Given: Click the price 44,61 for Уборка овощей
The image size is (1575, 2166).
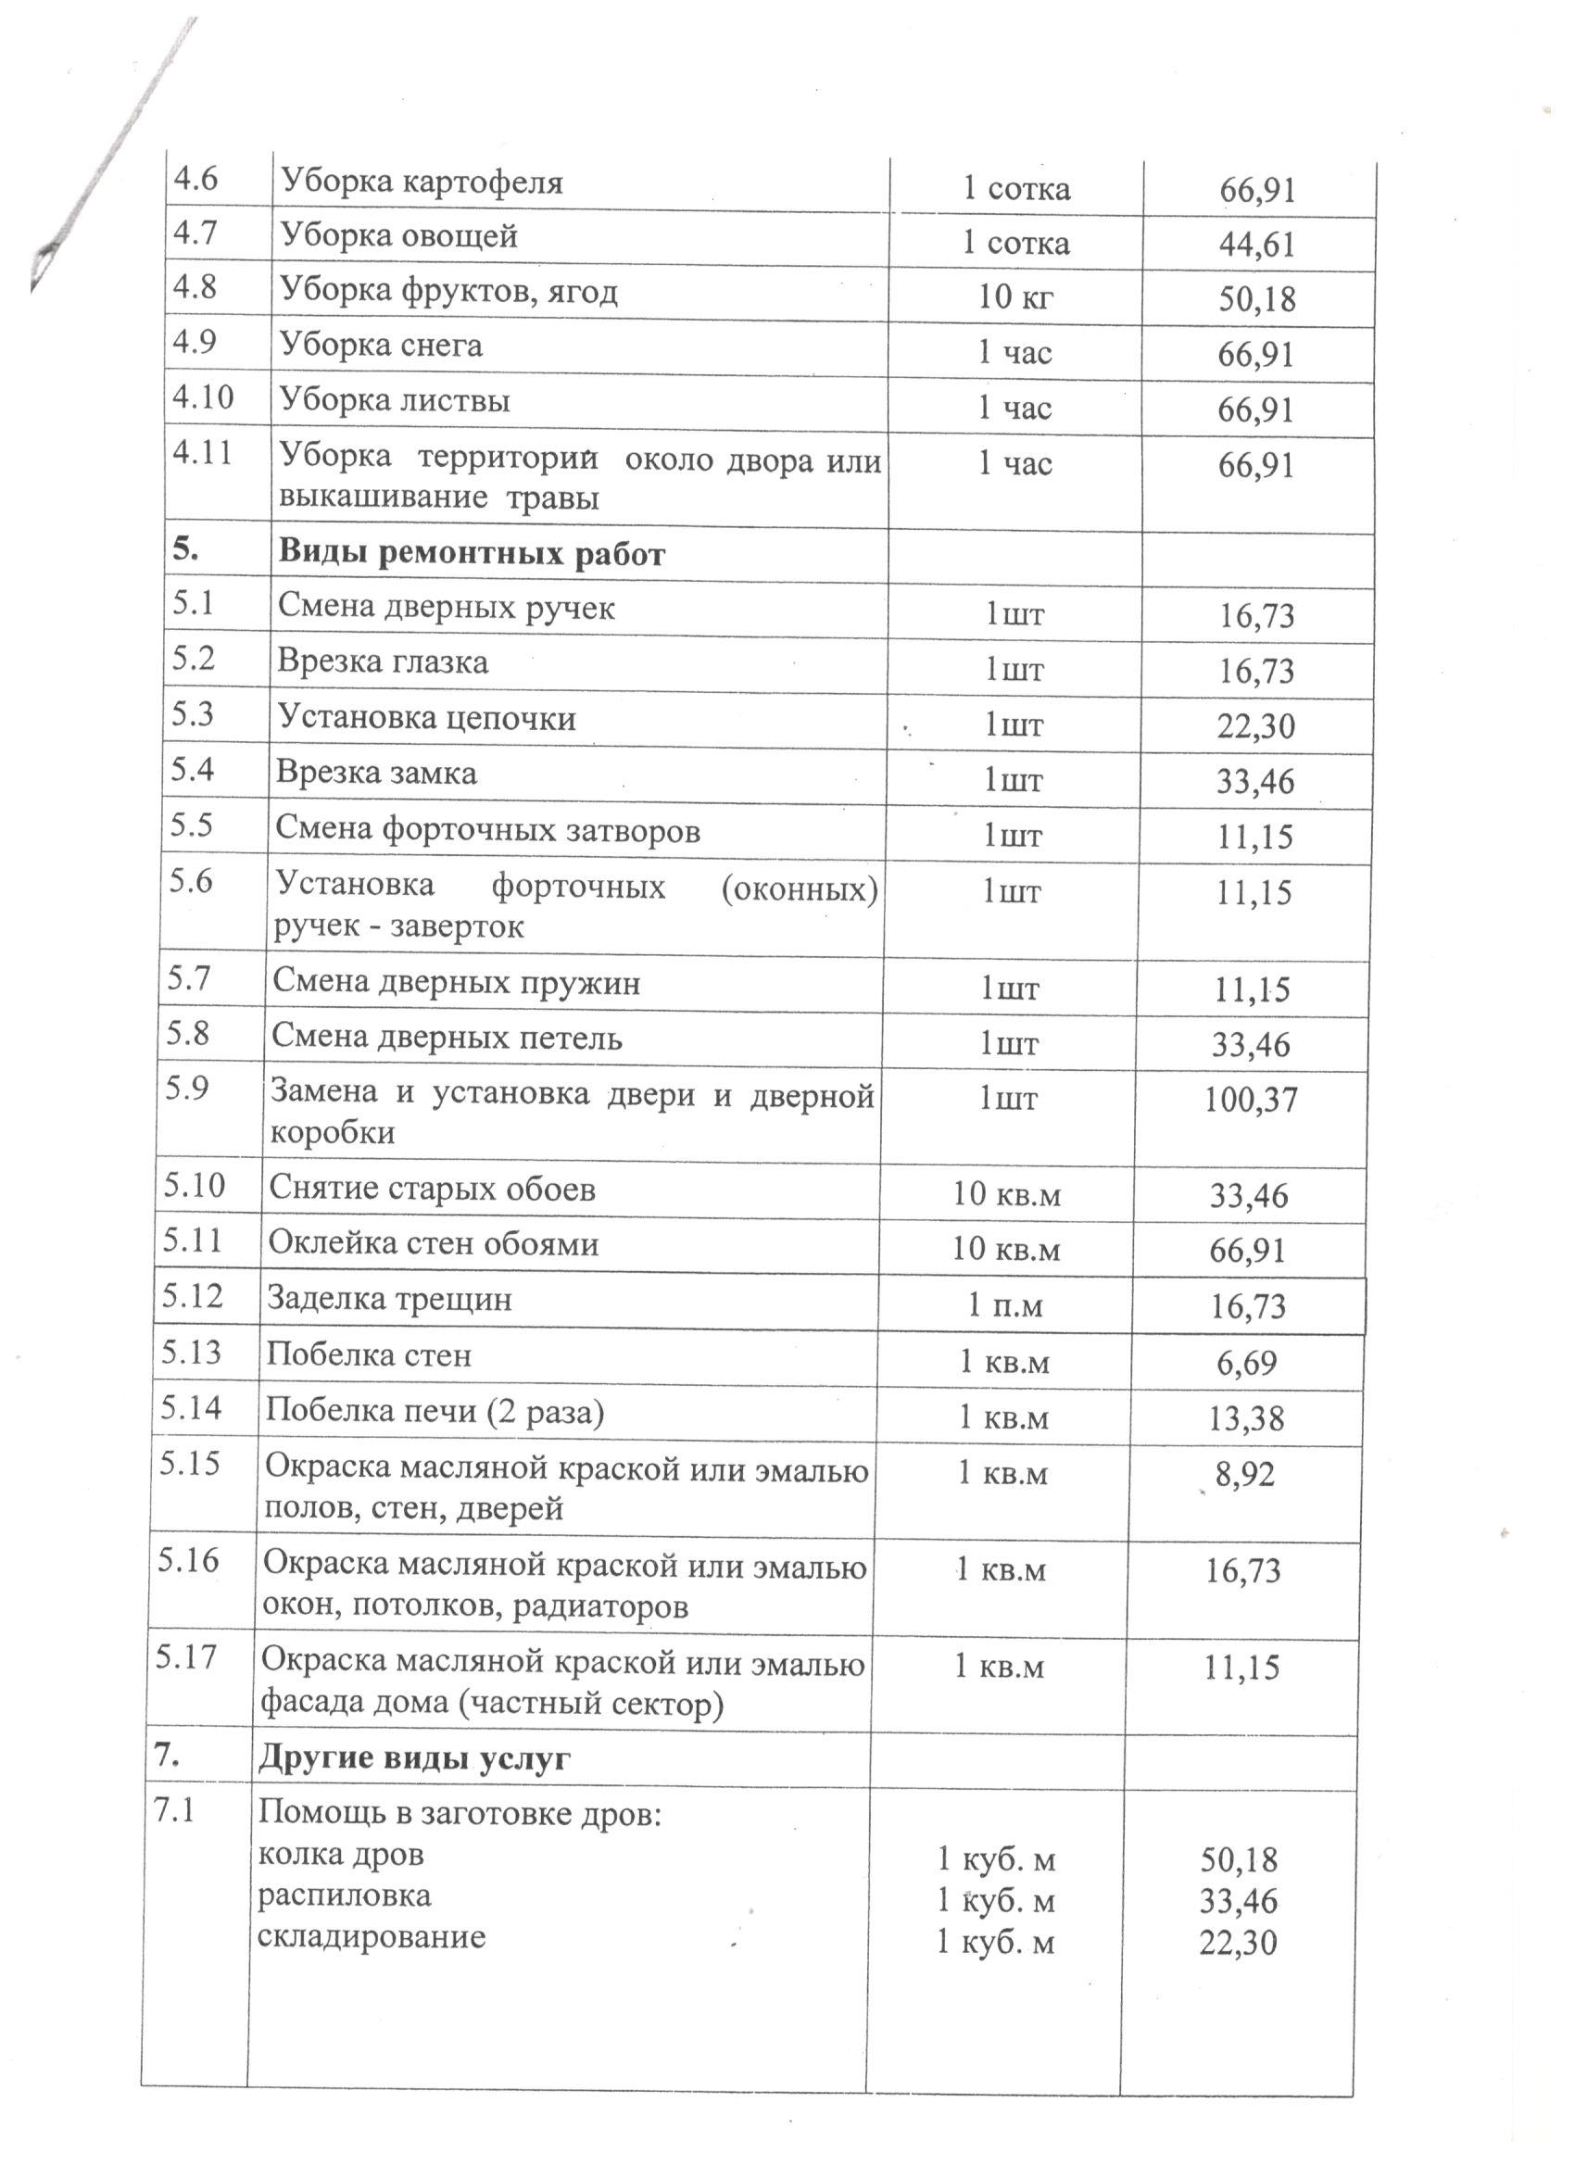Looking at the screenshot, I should click(1256, 245).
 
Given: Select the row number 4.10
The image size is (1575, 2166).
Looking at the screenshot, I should click(203, 397).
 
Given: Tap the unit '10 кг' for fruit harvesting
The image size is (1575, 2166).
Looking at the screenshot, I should click(1014, 297).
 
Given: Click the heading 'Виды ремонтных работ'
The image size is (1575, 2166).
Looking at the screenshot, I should click(471, 554).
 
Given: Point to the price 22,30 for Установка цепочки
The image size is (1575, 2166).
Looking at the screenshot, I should click(1255, 725).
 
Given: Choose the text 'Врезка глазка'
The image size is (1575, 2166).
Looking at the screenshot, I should click(382, 661).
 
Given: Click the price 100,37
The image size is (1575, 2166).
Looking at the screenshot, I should click(1250, 1100).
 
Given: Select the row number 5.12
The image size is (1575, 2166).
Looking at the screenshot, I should click(192, 1296).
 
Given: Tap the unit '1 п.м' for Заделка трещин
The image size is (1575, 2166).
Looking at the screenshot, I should click(1005, 1304).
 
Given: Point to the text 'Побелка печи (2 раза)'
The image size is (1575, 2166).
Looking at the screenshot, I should click(435, 1411).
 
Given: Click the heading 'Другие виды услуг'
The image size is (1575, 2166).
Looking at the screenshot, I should click(414, 1758).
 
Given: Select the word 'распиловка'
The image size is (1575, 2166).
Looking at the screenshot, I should click(344, 1895).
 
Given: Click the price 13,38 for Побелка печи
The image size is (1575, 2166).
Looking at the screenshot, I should click(1245, 1418).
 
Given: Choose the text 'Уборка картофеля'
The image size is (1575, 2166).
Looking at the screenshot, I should click(422, 182).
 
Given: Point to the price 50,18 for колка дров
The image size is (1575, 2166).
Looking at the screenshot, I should click(1238, 1859).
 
